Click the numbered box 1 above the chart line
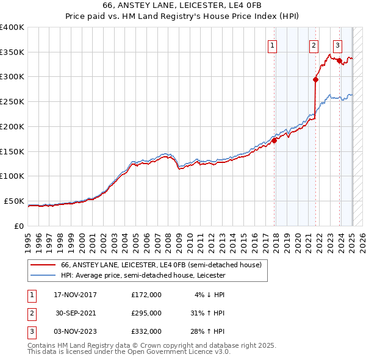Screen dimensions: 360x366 tap(271, 44)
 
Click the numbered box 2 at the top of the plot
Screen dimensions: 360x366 tap(314, 44)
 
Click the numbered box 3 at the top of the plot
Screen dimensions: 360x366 tap(337, 44)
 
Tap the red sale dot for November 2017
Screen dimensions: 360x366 tap(274, 140)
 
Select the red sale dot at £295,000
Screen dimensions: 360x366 tap(316, 79)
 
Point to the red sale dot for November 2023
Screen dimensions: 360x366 tap(339, 60)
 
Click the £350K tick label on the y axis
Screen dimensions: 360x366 tap(12, 52)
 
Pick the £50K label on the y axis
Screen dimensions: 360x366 tap(15, 201)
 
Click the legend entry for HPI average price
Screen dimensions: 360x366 tap(143, 275)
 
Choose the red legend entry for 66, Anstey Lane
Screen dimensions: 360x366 tap(161, 265)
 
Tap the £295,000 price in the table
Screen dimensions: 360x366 tap(146, 313)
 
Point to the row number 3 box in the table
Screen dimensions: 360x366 tap(31, 331)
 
